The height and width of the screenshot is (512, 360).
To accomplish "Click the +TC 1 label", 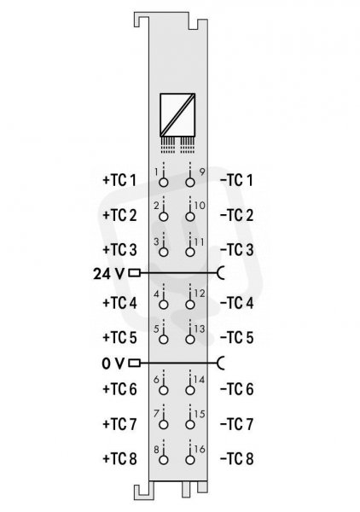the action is (119, 180).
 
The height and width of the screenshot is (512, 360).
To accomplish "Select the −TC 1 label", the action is (236, 180).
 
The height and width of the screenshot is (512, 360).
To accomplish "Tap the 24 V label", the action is (108, 274).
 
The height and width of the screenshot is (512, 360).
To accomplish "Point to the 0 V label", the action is (113, 364).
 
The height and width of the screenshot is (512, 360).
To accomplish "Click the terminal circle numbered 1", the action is (163, 183).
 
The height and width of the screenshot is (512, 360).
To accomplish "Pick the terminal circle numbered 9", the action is (190, 183).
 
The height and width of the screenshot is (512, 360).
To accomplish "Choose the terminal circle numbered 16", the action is (190, 460).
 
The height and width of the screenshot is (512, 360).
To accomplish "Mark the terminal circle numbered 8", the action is (163, 460).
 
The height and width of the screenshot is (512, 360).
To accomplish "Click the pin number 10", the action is (200, 206).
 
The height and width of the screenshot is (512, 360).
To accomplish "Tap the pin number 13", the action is (200, 329).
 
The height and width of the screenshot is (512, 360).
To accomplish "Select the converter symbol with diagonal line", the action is (177, 115).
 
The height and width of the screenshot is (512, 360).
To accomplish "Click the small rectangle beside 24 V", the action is (134, 273).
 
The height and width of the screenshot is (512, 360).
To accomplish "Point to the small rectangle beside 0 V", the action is (134, 363).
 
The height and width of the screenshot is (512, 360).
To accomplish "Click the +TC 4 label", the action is (119, 303).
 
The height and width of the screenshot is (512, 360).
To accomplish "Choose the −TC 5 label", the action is (236, 338).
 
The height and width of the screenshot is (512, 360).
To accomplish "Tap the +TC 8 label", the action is (119, 459).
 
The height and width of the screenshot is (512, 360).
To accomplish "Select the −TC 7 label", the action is (236, 424).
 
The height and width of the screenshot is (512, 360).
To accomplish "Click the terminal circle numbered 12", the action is (190, 305).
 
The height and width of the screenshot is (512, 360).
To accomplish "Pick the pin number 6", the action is (156, 380).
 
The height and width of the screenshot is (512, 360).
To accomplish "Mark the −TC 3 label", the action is (236, 250).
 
